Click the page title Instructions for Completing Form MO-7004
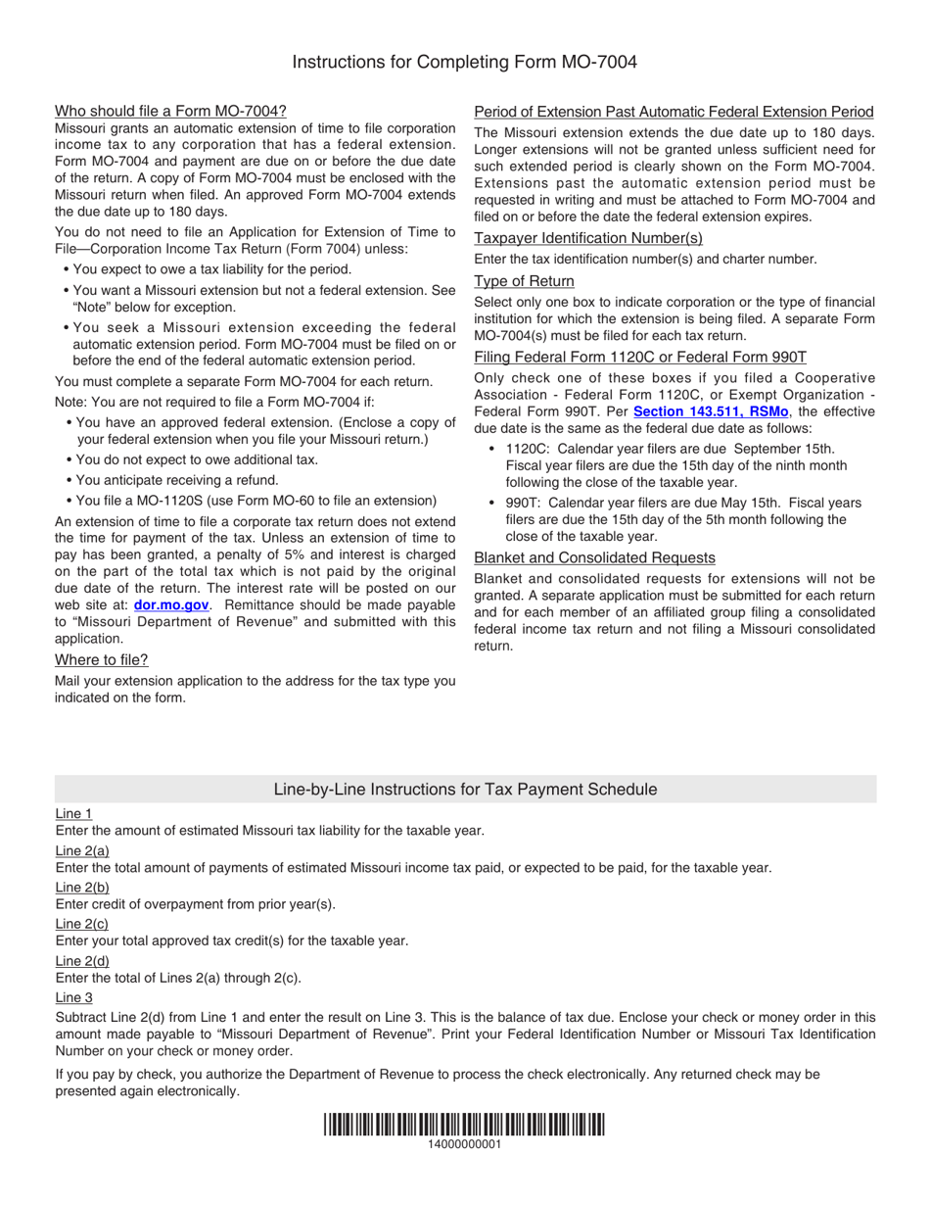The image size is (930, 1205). pos(464,63)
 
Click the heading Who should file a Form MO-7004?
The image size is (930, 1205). pos(170,111)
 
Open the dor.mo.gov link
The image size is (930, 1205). pos(171,605)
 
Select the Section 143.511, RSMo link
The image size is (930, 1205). pos(711,411)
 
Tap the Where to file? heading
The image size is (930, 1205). pos(102,659)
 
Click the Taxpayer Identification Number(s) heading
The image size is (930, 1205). pos(588,238)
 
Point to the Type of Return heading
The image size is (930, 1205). pos(524,281)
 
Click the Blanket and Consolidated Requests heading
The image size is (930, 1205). pos(594,557)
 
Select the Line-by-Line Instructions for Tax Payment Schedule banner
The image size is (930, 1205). pos(465,790)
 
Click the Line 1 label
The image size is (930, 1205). pos(74,813)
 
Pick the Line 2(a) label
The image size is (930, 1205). pos(82,850)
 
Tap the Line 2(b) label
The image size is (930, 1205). pos(82,887)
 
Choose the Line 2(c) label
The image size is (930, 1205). pos(82,924)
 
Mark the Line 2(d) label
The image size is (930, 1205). pos(82,961)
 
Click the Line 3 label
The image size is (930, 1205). pos(74,997)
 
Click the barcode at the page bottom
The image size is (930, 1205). pos(464,1125)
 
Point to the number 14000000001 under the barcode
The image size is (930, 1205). pos(464,1145)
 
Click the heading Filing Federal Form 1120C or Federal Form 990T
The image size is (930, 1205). pos(640,357)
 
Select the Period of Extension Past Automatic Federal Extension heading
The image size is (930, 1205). pos(674,112)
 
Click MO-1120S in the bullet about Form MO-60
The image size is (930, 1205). pos(154,500)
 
